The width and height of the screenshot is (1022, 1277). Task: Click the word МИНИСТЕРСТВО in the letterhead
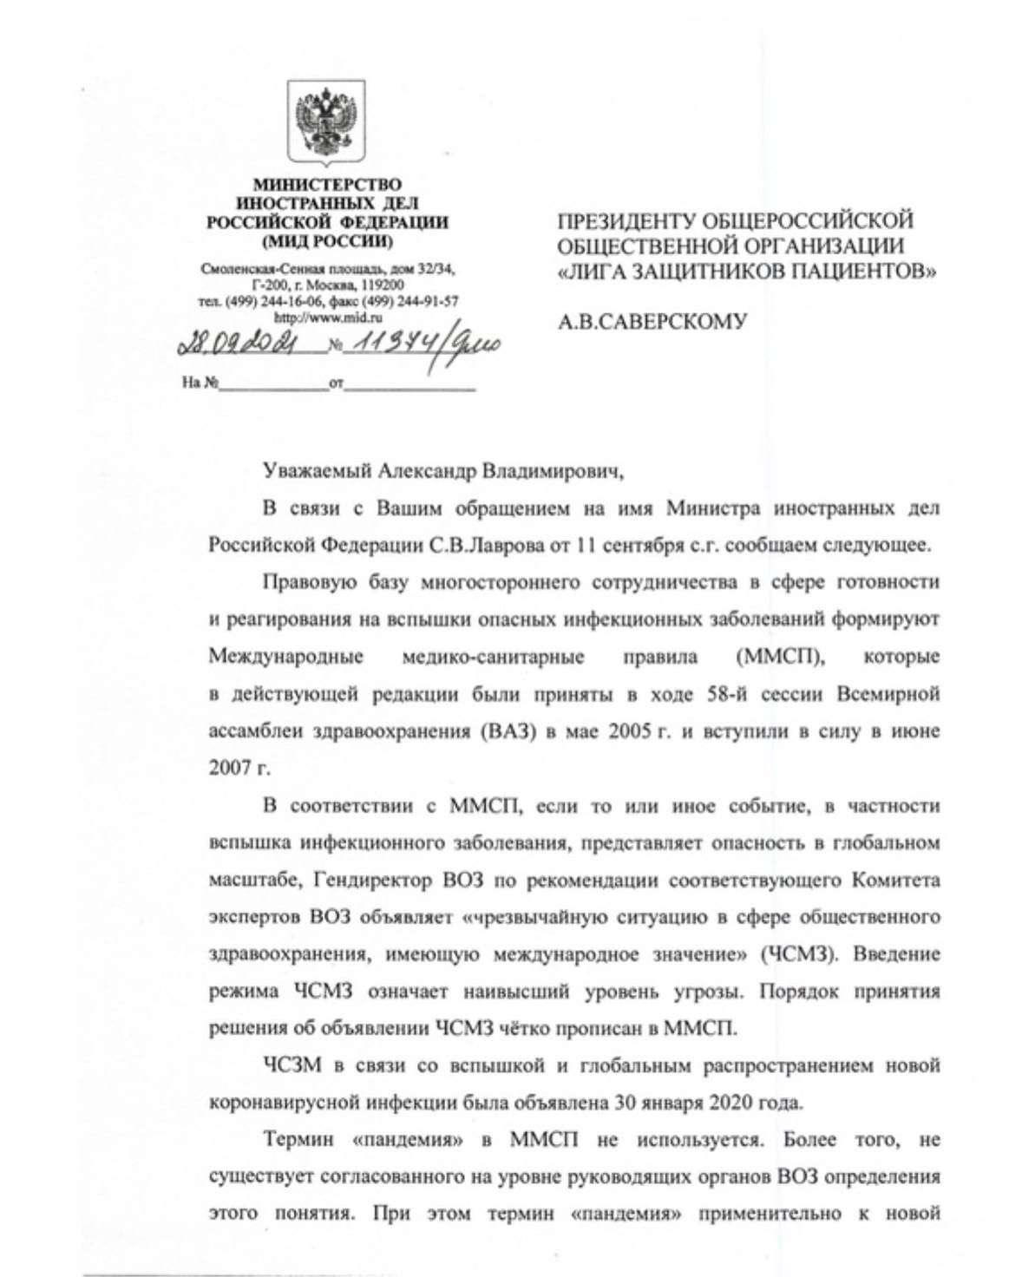click(327, 185)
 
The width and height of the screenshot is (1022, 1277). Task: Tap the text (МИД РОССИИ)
click(326, 239)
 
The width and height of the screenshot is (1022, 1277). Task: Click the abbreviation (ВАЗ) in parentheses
click(499, 730)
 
